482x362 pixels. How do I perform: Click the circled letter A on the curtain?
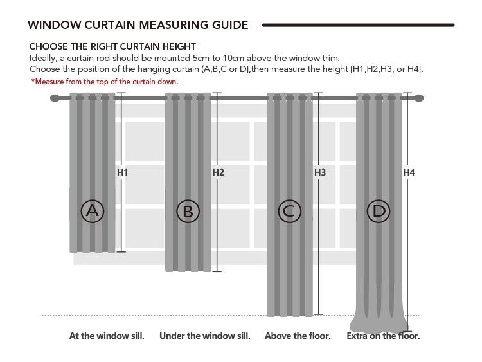[x=93, y=211]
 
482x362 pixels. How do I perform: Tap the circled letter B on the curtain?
[x=188, y=211]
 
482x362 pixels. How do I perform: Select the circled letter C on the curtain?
[x=289, y=211]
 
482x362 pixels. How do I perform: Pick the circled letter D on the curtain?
[x=379, y=211]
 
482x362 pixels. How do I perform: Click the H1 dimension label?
[x=122, y=172]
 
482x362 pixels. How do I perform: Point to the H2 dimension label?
[x=219, y=172]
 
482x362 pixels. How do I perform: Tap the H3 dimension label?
[x=320, y=172]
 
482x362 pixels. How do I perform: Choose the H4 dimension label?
[x=409, y=172]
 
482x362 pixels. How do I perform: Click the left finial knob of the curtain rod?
[x=55, y=98]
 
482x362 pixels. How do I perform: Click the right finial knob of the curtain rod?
[x=420, y=98]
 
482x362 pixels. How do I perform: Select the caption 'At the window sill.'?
[x=107, y=336]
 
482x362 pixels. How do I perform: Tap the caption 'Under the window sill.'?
[x=205, y=336]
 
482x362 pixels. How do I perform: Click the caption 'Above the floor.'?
[x=298, y=336]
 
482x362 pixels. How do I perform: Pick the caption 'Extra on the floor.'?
[x=383, y=336]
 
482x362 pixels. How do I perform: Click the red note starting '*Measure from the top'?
[x=105, y=82]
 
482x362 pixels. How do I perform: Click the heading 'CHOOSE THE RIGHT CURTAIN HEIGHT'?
[x=112, y=46]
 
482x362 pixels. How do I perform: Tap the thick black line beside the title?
[x=358, y=25]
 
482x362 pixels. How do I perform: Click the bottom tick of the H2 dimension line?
[x=217, y=271]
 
